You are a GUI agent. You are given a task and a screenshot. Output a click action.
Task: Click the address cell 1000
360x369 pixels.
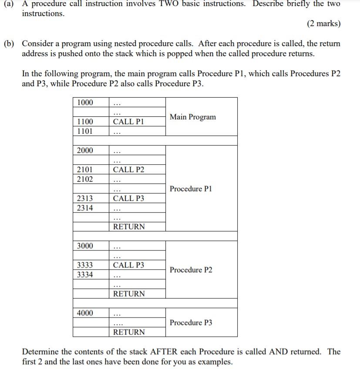pyautogui.click(x=85, y=102)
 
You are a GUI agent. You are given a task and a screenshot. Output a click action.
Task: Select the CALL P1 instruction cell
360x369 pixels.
pyautogui.click(x=128, y=122)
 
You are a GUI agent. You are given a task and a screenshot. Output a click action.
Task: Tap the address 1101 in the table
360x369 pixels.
pyautogui.click(x=85, y=131)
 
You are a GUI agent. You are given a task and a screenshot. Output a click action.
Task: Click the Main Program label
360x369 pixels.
pyautogui.click(x=192, y=117)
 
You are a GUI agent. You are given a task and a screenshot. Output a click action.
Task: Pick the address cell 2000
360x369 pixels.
pyautogui.click(x=85, y=150)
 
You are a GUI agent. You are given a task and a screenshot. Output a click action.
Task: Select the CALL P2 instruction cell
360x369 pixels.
pyautogui.click(x=128, y=169)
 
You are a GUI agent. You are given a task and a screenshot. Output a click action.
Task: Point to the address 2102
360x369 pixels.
pyautogui.click(x=85, y=179)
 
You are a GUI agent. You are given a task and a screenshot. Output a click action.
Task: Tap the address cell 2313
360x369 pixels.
pyautogui.click(x=85, y=198)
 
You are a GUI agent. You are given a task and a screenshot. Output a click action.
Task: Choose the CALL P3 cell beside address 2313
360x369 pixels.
pyautogui.click(x=128, y=198)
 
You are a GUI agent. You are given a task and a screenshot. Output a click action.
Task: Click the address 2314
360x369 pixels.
pyautogui.click(x=85, y=208)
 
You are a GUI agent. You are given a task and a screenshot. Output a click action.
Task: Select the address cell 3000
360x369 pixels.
pyautogui.click(x=85, y=246)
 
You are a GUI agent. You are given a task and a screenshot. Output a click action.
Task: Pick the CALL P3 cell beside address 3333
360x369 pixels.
pyautogui.click(x=128, y=265)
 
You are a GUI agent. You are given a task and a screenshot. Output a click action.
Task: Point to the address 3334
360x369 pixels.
pyautogui.click(x=85, y=274)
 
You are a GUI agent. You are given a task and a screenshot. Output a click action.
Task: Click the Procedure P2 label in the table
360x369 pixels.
pyautogui.click(x=191, y=270)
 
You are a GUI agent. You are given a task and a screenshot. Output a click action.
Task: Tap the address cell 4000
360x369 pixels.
pyautogui.click(x=85, y=313)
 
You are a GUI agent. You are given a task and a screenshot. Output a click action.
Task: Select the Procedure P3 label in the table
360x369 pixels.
pyautogui.click(x=191, y=322)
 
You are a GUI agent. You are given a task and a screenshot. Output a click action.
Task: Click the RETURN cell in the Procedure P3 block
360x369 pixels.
pyautogui.click(x=129, y=332)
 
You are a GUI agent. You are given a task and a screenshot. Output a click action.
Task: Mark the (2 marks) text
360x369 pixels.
pyautogui.click(x=323, y=24)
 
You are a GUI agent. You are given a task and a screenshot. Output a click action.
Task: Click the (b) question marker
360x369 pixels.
pyautogui.click(x=9, y=44)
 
